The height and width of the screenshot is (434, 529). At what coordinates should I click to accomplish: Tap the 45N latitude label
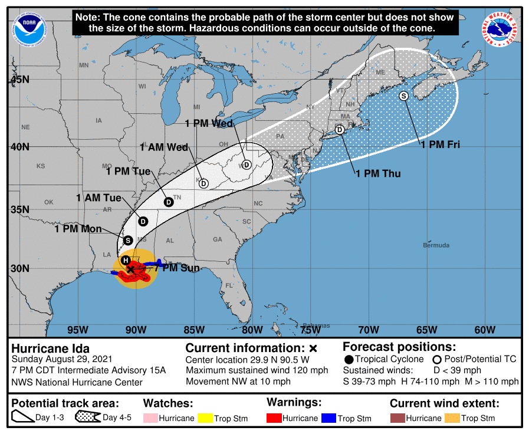[19, 78]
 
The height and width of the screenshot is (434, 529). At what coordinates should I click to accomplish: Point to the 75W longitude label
[310, 330]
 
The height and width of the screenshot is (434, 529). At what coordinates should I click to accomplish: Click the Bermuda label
[436, 245]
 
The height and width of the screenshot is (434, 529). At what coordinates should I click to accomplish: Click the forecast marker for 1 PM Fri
[404, 96]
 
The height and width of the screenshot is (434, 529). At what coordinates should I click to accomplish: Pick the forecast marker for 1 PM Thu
[340, 130]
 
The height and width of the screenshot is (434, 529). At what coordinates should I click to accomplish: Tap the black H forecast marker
[126, 260]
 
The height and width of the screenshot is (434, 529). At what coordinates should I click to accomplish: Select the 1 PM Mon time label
[78, 229]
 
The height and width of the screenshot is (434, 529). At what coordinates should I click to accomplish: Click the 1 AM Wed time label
[163, 147]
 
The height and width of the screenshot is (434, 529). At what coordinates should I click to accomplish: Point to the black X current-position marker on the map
[131, 269]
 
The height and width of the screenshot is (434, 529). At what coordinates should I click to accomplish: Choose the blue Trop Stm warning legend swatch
[328, 418]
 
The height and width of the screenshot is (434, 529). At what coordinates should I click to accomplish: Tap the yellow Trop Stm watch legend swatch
[204, 418]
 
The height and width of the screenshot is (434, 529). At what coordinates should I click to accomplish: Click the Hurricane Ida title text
[51, 348]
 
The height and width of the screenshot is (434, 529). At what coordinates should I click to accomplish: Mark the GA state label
[218, 239]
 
